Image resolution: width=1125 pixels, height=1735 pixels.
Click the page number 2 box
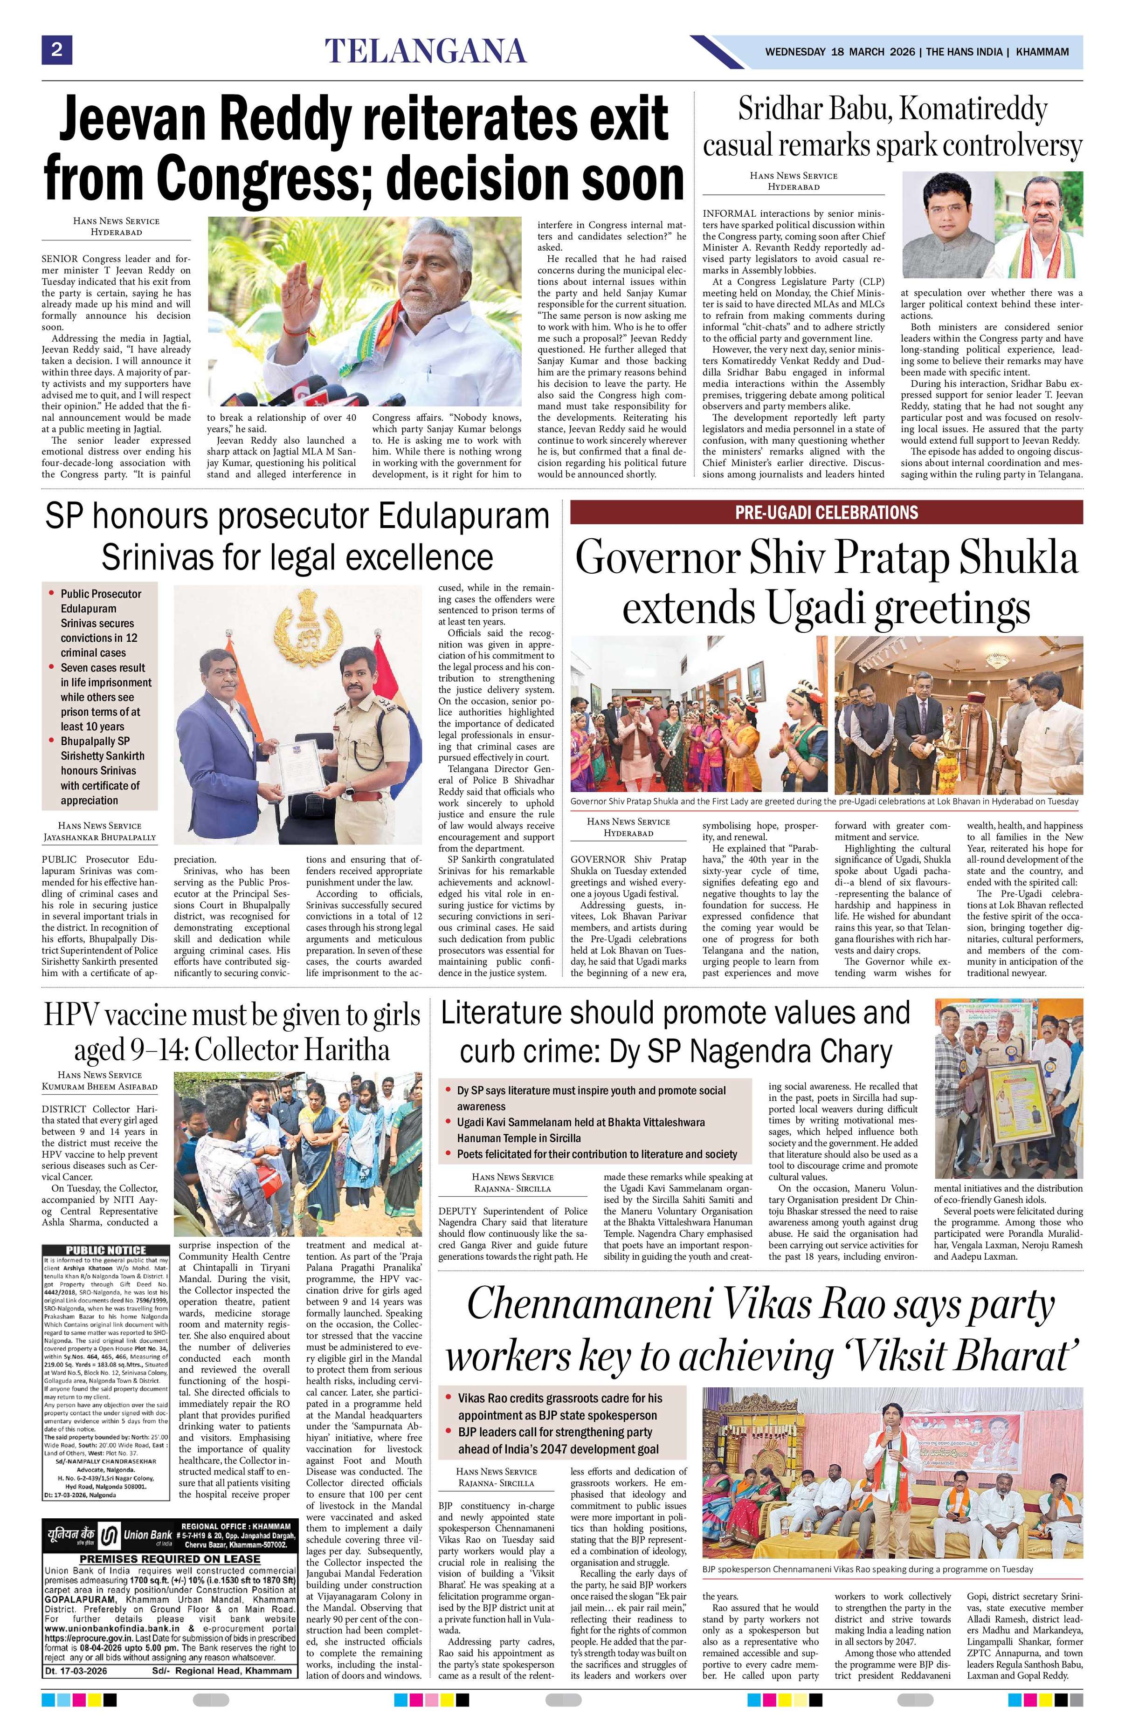[56, 50]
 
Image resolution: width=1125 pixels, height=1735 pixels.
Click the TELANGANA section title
[425, 52]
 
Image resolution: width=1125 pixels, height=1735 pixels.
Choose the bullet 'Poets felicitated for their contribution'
[596, 1154]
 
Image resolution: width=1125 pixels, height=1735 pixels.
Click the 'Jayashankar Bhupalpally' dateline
[100, 838]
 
